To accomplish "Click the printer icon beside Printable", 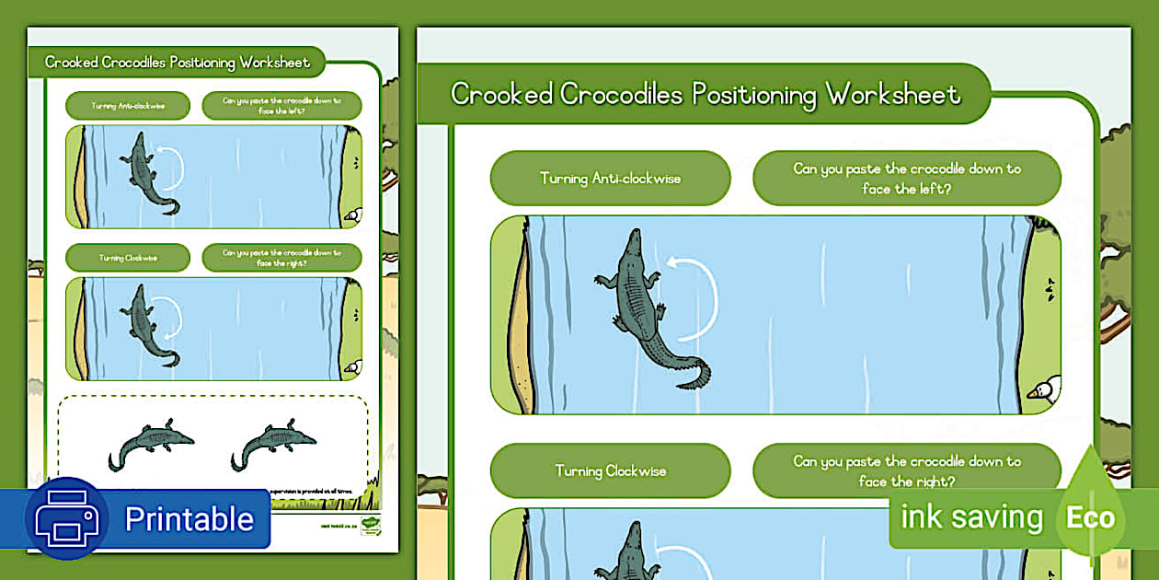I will tap(67, 518).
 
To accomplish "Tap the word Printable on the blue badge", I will tap(189, 519).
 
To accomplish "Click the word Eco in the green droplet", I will tap(1090, 517).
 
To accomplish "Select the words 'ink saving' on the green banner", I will tap(971, 517).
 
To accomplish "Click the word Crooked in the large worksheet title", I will tap(501, 94).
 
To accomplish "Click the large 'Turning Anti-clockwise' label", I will tap(610, 178).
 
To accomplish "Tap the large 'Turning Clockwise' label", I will tap(610, 471).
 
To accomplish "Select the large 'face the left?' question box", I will tap(906, 178).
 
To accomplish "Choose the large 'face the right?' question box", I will tap(906, 471).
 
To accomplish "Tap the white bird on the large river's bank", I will tap(1045, 390).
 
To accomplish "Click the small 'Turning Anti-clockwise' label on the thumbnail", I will tap(128, 106).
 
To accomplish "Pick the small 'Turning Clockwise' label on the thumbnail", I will tap(128, 258).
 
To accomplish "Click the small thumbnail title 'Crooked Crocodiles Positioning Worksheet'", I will tap(178, 63).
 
